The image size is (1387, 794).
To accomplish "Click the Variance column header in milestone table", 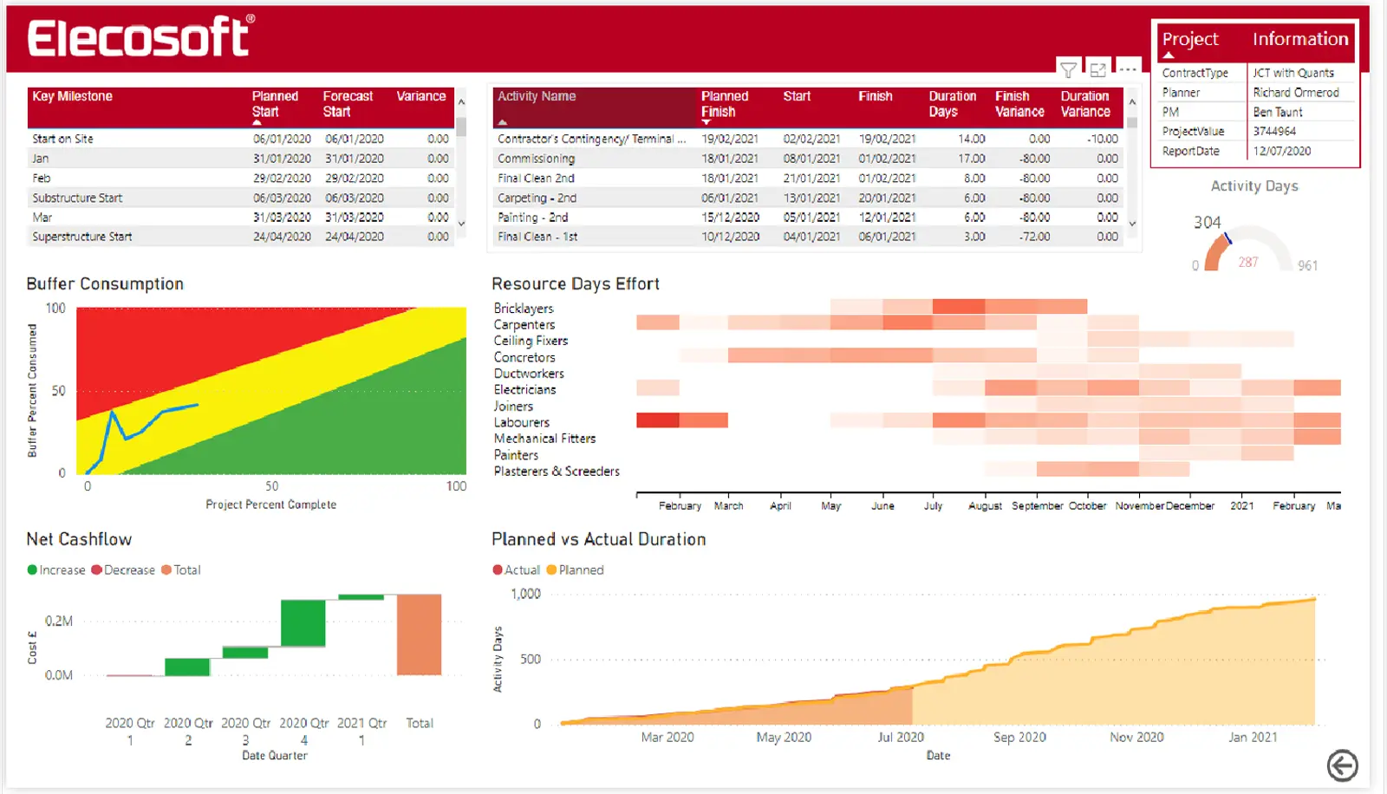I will pyautogui.click(x=421, y=96).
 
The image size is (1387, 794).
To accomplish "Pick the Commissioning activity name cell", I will pyautogui.click(x=536, y=159).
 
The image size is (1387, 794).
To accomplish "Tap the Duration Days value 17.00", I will pyautogui.click(x=971, y=159).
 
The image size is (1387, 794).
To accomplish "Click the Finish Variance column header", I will pyautogui.click(x=1019, y=104).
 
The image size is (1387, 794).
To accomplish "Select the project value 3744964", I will pyautogui.click(x=1274, y=132).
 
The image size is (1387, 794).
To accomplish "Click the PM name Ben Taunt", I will pyautogui.click(x=1278, y=112).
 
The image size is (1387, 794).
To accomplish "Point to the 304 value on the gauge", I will pyautogui.click(x=1207, y=223).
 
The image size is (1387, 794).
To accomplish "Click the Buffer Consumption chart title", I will pyautogui.click(x=105, y=284).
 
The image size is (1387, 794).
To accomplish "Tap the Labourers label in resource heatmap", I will pyautogui.click(x=522, y=422).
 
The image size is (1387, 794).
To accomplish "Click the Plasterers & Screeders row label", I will pyautogui.click(x=557, y=472).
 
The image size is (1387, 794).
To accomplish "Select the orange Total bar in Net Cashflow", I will pyautogui.click(x=420, y=635).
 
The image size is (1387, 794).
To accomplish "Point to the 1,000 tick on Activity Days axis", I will pyautogui.click(x=525, y=594).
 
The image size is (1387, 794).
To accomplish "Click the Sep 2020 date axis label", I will pyautogui.click(x=1019, y=738).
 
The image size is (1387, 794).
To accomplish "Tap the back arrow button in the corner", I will pyautogui.click(x=1342, y=765).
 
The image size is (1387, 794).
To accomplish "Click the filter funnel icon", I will pyautogui.click(x=1069, y=70).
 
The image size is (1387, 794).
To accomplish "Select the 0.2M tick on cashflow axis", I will pyautogui.click(x=59, y=621).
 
